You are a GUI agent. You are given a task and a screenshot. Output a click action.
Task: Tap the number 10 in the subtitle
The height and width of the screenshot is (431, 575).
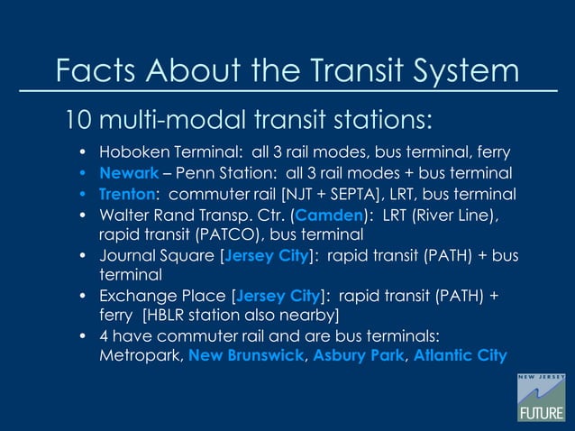pos(76,119)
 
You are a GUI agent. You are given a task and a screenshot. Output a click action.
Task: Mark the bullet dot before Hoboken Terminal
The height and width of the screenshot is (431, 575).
pos(83,151)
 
